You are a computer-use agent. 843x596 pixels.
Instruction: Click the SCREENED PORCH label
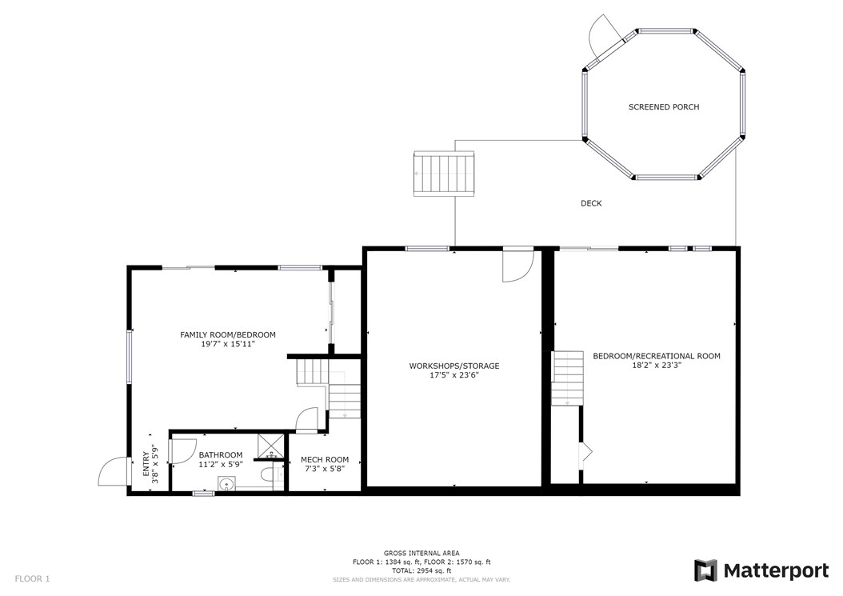point(663,106)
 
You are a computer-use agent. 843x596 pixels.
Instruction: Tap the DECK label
point(591,203)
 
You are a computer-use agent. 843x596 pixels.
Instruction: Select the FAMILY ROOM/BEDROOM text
point(228,334)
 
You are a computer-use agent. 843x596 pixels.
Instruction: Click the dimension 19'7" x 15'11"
point(228,344)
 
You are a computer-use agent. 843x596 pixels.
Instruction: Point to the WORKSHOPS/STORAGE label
point(454,366)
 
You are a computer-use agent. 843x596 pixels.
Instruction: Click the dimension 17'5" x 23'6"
point(454,375)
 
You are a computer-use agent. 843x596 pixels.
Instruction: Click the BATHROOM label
point(221,454)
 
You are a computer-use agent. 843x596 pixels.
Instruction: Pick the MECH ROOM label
point(325,459)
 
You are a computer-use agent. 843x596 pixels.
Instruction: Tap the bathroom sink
point(226,483)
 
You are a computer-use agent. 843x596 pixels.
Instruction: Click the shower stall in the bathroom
point(270,446)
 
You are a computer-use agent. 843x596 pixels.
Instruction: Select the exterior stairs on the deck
point(445,174)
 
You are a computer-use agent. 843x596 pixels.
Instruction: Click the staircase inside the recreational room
point(568,378)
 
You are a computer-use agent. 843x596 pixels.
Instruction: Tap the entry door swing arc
point(111,471)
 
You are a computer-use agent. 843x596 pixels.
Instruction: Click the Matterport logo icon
point(705,570)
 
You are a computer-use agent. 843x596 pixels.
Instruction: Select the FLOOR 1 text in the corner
point(32,578)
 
